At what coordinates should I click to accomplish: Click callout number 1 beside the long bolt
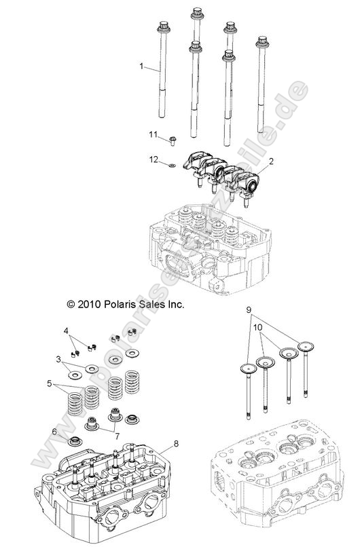click(141, 66)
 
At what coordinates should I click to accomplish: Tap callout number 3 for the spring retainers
click(59, 358)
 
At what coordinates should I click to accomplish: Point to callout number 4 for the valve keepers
click(66, 331)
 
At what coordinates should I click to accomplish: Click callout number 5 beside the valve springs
click(48, 383)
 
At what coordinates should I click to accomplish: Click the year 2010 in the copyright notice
click(90, 305)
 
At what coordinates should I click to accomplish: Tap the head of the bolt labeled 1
click(164, 28)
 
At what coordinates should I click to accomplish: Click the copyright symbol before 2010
click(71, 305)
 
